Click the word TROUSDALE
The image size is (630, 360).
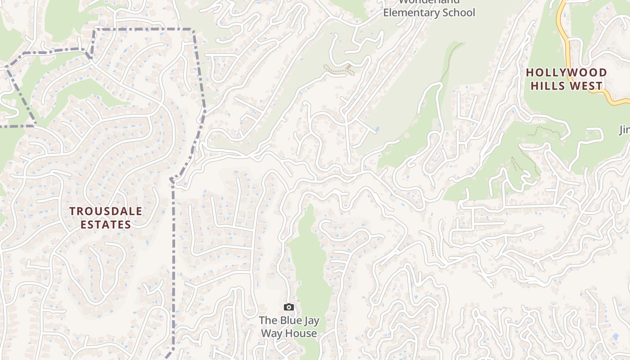pyautogui.click(x=106, y=211)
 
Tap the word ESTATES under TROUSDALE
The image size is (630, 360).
pyautogui.click(x=106, y=225)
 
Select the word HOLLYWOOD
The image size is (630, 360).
pyautogui.click(x=567, y=72)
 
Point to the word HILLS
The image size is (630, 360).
pyautogui.click(x=549, y=85)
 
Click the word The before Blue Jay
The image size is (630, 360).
pyautogui.click(x=268, y=321)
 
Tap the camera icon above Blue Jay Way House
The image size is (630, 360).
pyautogui.click(x=289, y=307)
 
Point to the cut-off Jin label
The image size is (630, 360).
pyautogui.click(x=624, y=130)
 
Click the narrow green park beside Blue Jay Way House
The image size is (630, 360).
pyautogui.click(x=310, y=261)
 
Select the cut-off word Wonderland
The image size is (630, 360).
pyautogui.click(x=429, y=2)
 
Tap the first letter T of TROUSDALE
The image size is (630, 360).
pyautogui.click(x=72, y=211)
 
